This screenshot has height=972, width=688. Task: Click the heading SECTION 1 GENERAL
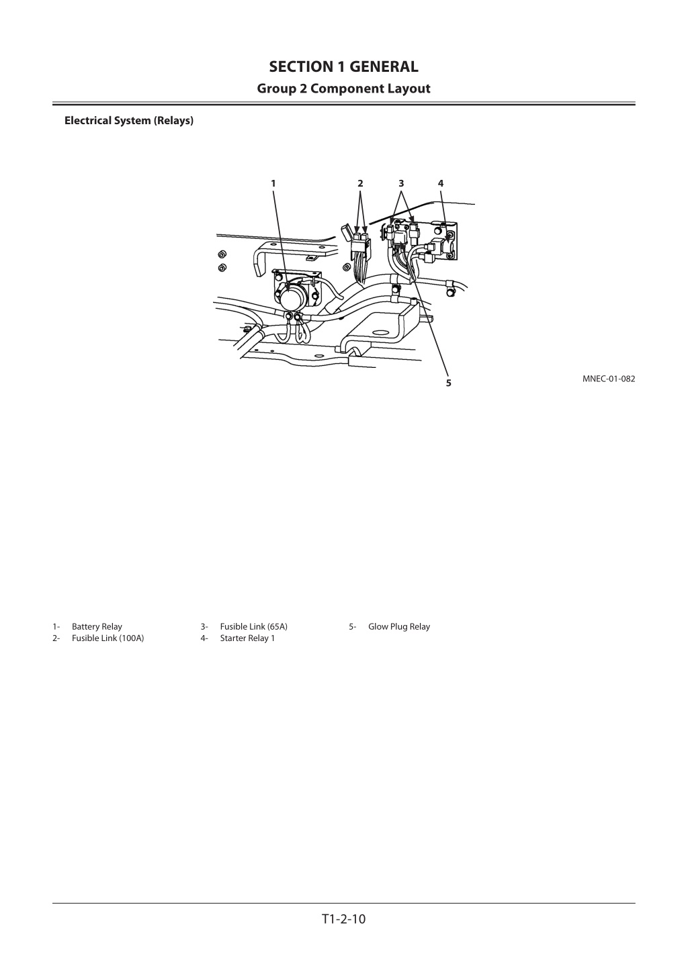(x=343, y=66)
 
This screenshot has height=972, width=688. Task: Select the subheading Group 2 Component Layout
(x=343, y=89)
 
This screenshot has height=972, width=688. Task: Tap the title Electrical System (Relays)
(x=129, y=120)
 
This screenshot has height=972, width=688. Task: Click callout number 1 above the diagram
(x=273, y=183)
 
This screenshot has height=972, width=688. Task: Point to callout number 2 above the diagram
(x=360, y=183)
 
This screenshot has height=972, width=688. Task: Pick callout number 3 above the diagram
(x=401, y=183)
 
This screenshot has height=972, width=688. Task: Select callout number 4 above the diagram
(x=441, y=183)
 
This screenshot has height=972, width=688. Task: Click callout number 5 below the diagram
(x=449, y=383)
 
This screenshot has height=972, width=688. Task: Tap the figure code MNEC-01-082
(x=609, y=379)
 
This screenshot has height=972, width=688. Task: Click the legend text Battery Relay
(x=97, y=626)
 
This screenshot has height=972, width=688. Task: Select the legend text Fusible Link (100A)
(x=107, y=638)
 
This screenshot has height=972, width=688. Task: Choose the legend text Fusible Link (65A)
(x=254, y=626)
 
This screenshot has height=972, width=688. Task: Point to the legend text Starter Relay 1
(x=247, y=638)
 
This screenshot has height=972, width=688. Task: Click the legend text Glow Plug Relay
(x=399, y=626)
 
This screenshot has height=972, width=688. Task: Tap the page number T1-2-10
(x=343, y=919)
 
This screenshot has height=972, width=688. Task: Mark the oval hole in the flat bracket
(x=380, y=333)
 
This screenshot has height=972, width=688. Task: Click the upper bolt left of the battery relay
(x=222, y=254)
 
